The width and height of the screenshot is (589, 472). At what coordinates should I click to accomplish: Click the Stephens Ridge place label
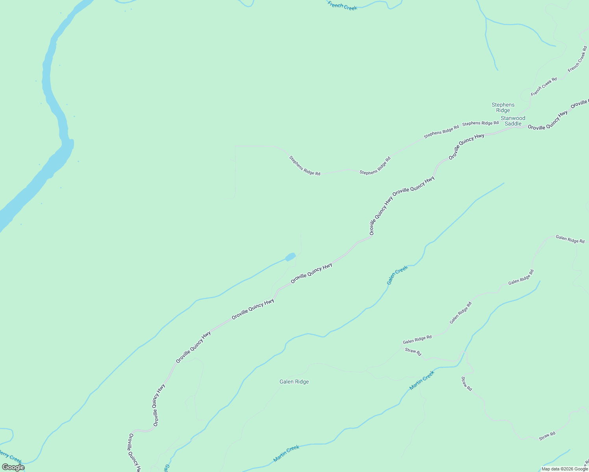click(503, 107)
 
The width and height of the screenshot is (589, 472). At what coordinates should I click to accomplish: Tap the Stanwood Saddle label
click(513, 121)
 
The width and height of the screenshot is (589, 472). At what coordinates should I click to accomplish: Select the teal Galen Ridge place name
click(294, 382)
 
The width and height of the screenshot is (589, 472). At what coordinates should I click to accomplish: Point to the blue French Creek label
click(342, 6)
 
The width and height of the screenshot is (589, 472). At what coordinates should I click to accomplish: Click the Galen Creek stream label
click(397, 275)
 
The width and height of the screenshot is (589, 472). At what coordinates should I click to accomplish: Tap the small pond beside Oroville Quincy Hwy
click(290, 257)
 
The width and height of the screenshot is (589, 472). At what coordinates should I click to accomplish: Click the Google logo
click(13, 467)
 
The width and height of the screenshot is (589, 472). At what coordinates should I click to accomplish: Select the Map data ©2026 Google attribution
click(564, 469)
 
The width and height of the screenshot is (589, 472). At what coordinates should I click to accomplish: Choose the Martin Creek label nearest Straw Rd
click(422, 380)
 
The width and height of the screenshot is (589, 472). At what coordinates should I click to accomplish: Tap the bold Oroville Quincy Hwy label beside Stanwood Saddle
click(548, 120)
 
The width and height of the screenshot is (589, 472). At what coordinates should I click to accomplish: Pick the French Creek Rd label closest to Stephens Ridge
click(544, 87)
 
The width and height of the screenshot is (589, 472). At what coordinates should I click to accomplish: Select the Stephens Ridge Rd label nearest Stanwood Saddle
click(480, 123)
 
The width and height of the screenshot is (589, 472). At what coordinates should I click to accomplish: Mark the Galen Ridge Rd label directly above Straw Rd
click(417, 339)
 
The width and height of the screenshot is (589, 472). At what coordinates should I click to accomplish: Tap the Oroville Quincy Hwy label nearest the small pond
click(311, 273)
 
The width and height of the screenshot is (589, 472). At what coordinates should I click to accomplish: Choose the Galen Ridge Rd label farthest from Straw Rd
click(570, 239)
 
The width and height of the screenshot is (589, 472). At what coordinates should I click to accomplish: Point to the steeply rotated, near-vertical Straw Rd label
click(466, 383)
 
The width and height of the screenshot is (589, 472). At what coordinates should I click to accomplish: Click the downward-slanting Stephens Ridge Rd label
click(304, 166)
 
